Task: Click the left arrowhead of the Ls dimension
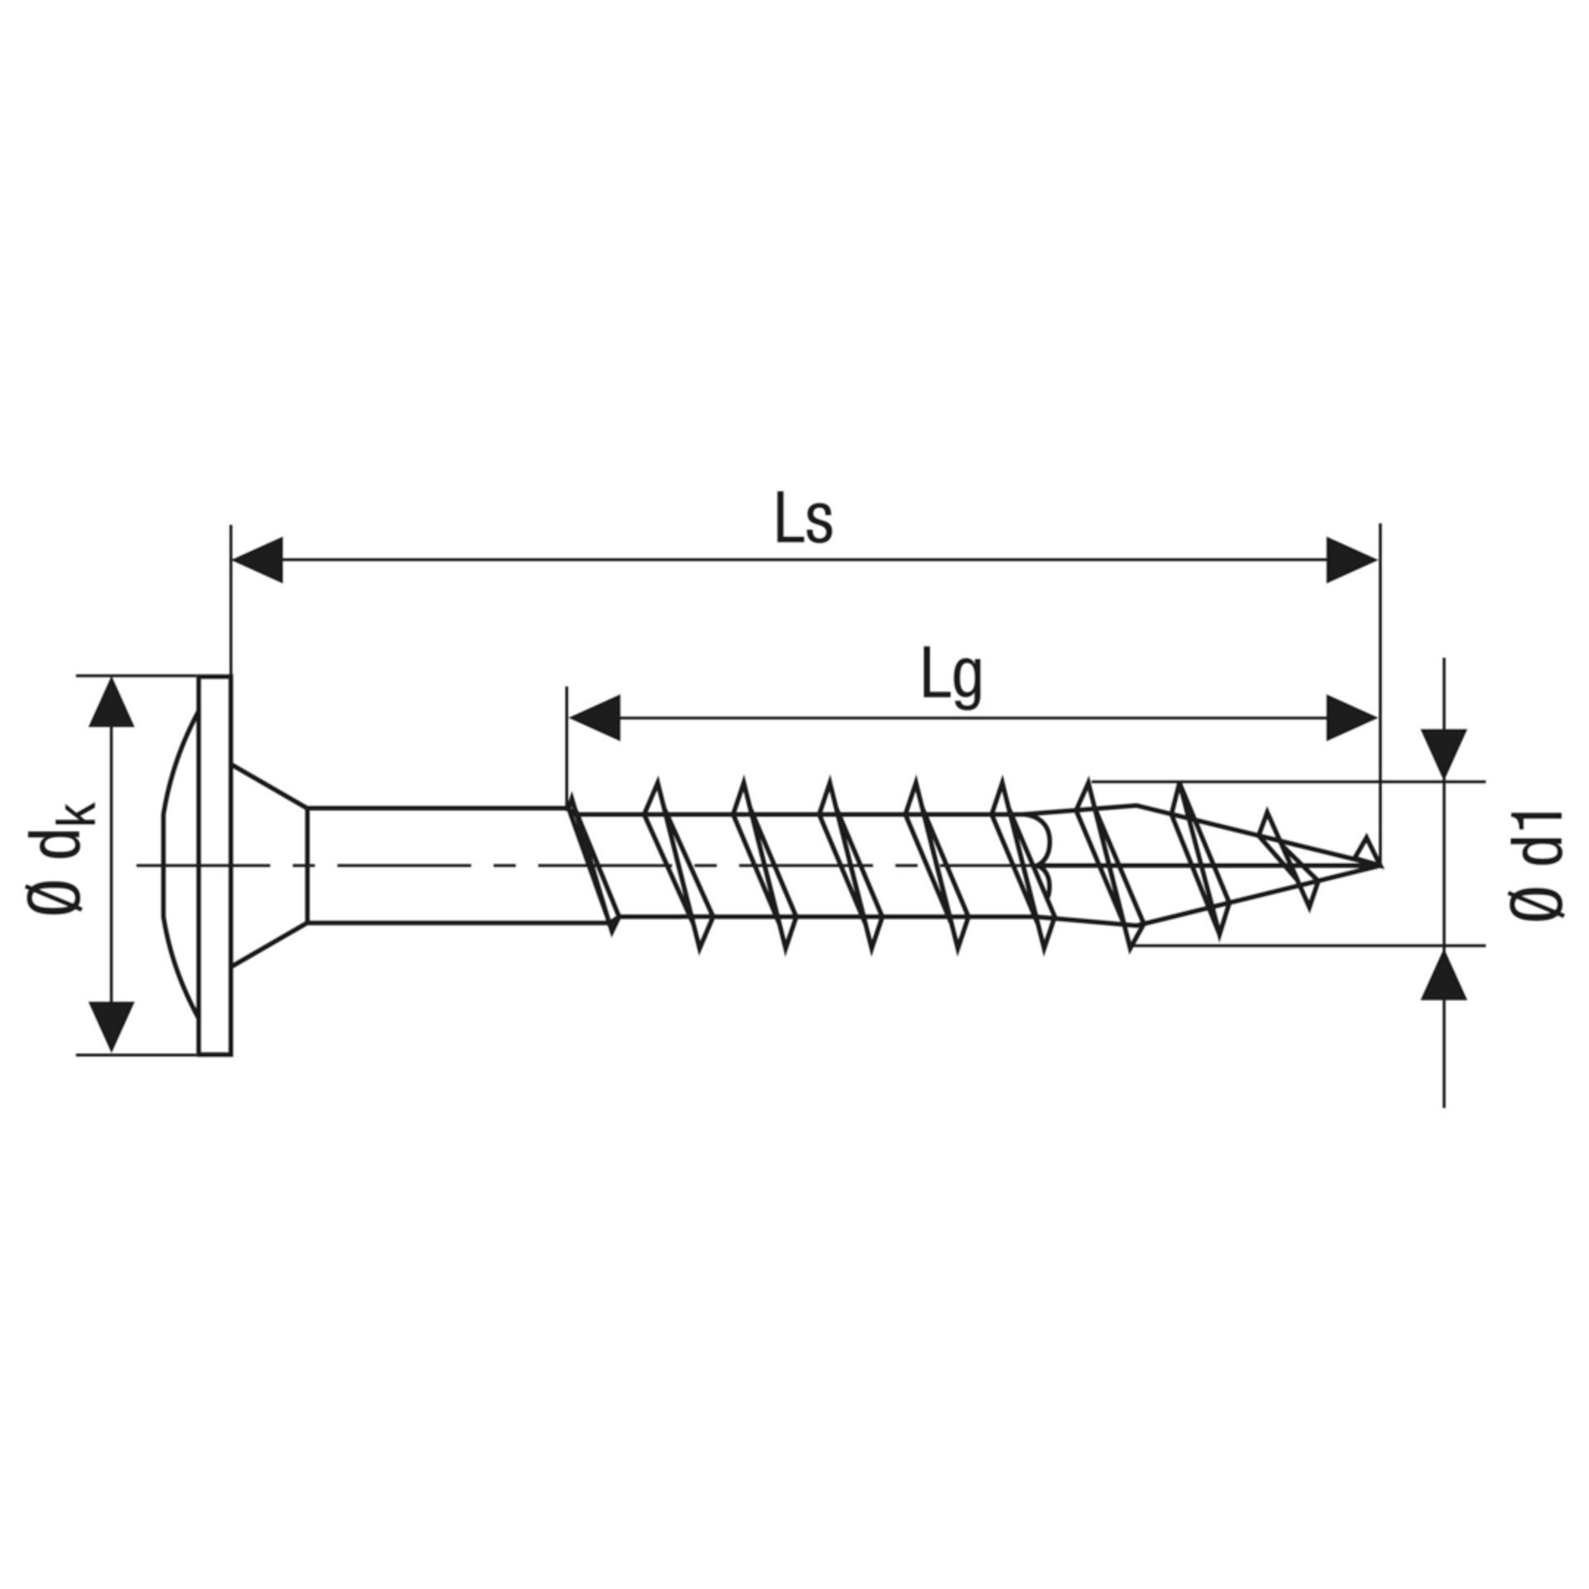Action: [x=257, y=560]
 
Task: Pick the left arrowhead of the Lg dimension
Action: [x=594, y=718]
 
